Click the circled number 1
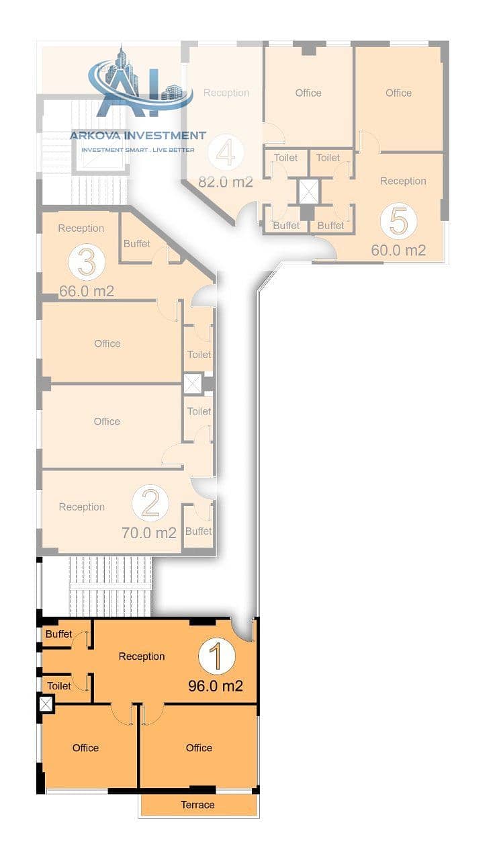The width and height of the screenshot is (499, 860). tap(216, 656)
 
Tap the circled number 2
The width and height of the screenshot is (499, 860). tap(150, 503)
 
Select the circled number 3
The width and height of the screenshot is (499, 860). tap(87, 262)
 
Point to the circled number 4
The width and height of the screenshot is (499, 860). tap(226, 153)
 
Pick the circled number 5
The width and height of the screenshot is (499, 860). tap(399, 221)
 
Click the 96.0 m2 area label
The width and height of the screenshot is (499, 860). tap(216, 686)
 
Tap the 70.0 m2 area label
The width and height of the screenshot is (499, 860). tap(149, 533)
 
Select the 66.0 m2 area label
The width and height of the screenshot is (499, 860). tap(87, 291)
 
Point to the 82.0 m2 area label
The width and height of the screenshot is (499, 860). tap(226, 181)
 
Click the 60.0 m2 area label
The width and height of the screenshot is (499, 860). tap(398, 251)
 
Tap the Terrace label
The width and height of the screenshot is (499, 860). tap(197, 805)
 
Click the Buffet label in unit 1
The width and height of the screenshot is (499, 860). tap(58, 634)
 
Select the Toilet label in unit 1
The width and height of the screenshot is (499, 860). tap(59, 686)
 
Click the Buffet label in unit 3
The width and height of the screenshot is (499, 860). tap(136, 243)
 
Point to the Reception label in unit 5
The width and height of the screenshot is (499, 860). tap(403, 181)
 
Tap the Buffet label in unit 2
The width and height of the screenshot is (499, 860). tap(198, 531)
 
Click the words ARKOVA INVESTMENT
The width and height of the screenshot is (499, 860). tap(138, 136)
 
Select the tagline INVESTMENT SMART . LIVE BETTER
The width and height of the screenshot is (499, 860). tap(138, 150)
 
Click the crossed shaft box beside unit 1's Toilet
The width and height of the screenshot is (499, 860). tap(46, 703)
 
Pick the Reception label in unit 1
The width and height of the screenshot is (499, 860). tap(142, 656)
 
